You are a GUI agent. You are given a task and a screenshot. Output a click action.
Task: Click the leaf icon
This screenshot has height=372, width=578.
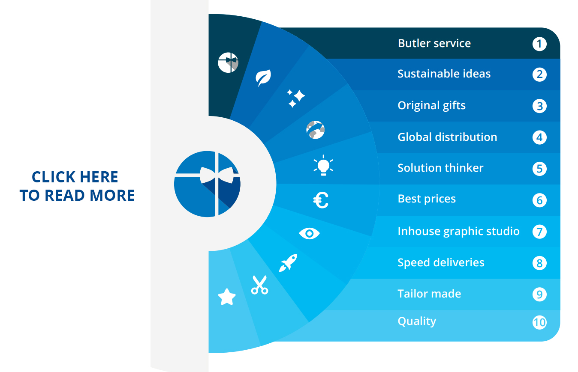[263, 77]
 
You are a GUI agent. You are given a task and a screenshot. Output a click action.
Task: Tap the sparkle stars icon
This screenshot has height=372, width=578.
[296, 98]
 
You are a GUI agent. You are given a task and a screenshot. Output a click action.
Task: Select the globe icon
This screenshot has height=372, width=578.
[315, 130]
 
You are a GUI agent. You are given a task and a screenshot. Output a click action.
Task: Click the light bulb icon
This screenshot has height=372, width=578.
[323, 165]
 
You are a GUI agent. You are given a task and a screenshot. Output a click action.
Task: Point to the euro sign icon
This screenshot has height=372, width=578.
[321, 200]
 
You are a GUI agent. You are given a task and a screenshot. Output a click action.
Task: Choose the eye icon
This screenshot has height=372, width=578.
[309, 233]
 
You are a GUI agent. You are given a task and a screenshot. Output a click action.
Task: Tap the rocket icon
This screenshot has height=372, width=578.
[288, 263]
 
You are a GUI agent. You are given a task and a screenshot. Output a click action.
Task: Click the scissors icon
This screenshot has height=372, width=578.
[259, 285]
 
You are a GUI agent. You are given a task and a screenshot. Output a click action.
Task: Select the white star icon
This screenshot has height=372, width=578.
[227, 297]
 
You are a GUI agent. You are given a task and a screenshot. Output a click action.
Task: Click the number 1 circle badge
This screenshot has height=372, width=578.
[539, 44]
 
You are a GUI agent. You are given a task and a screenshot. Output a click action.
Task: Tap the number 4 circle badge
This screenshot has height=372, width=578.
[539, 137]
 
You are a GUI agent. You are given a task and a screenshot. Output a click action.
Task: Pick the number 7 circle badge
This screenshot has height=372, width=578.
[539, 232]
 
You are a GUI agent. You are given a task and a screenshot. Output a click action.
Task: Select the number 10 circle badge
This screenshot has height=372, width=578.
[539, 322]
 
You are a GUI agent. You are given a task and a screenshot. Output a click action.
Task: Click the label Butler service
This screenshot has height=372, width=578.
[434, 43]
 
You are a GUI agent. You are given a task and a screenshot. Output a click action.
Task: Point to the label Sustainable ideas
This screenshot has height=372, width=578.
[444, 74]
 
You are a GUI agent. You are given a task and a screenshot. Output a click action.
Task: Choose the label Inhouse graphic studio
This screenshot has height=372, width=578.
[458, 231]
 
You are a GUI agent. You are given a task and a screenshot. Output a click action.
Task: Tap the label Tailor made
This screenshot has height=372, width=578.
[429, 294]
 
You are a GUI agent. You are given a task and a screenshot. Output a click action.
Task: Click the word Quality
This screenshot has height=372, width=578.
[417, 321]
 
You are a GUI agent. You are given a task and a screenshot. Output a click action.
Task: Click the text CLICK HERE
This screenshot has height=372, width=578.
[75, 177]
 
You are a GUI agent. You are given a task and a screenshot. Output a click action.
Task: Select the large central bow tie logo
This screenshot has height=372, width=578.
[207, 184]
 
